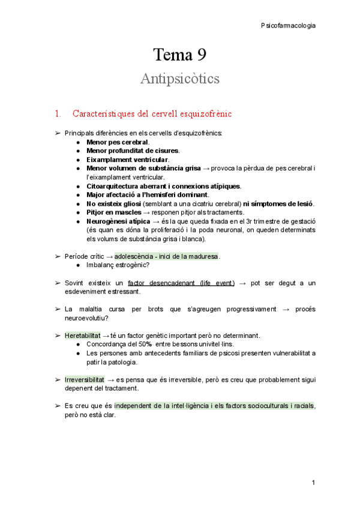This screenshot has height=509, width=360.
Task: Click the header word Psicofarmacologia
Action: pyautogui.click(x=288, y=25)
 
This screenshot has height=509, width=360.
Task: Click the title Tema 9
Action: pyautogui.click(x=179, y=56)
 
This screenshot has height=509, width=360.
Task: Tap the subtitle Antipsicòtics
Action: pyautogui.click(x=179, y=79)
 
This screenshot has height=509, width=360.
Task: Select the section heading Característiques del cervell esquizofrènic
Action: pyautogui.click(x=152, y=113)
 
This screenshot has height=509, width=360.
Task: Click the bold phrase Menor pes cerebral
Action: pyautogui.click(x=118, y=142)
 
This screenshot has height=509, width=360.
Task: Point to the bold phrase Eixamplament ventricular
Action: pyautogui.click(x=127, y=160)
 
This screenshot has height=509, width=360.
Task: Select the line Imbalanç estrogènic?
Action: pyautogui.click(x=118, y=265)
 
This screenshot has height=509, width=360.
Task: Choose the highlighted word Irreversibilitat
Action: pyautogui.click(x=85, y=380)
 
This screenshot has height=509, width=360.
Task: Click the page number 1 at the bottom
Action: pyautogui.click(x=313, y=483)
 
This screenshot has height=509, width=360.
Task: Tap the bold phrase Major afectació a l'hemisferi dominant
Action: pyautogui.click(x=148, y=195)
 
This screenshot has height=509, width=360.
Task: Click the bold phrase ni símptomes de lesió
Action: pyautogui.click(x=278, y=204)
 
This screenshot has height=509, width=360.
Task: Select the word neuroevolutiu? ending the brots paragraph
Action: pyautogui.click(x=86, y=318)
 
